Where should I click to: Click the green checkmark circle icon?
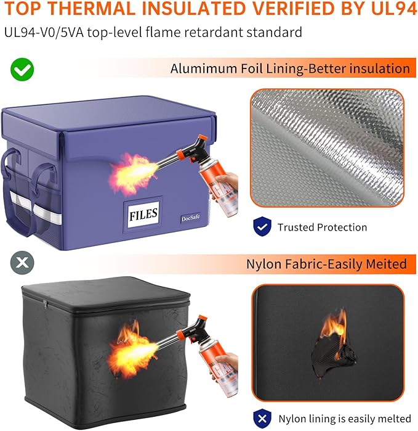[x=22, y=69]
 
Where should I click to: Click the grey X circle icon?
[x=22, y=263]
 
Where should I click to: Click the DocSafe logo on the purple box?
[x=190, y=218]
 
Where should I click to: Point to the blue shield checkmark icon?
[x=262, y=226]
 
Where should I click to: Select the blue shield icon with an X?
[x=262, y=419]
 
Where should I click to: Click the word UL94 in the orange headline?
[x=394, y=9]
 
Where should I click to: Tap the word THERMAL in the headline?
[x=92, y=9]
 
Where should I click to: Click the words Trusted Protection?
[x=322, y=228]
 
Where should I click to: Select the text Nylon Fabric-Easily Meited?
[x=326, y=264]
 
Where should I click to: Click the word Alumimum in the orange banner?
[x=203, y=68]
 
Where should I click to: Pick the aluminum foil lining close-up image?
[x=327, y=148]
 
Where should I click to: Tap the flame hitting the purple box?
[x=134, y=174]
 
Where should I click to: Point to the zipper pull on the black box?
[x=45, y=304]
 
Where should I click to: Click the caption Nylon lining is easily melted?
[x=345, y=419]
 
